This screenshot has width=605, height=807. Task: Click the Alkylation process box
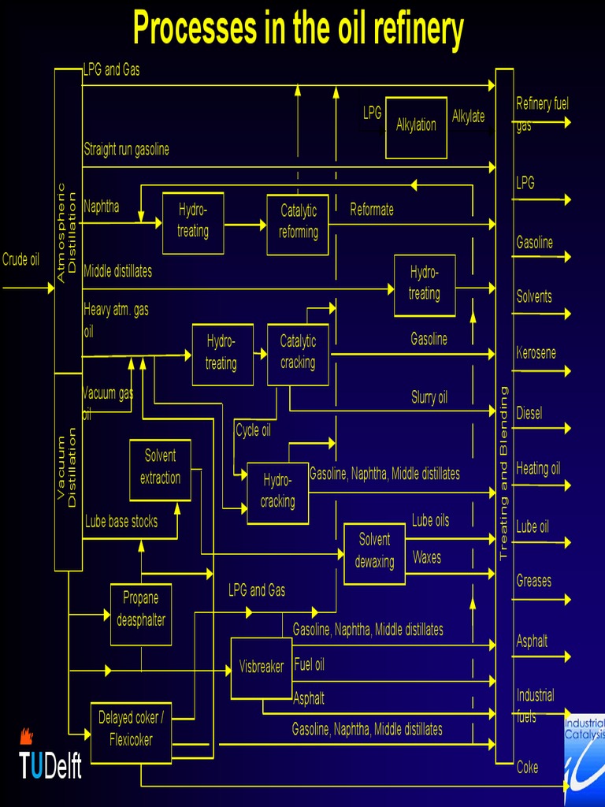click(416, 126)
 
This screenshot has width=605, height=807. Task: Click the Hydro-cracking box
click(277, 492)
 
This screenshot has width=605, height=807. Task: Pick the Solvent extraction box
click(160, 468)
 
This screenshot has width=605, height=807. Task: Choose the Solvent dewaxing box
click(374, 552)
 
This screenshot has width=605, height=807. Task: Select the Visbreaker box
click(262, 668)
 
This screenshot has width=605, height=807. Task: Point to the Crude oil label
click(20, 259)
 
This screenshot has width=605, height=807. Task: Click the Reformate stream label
click(372, 210)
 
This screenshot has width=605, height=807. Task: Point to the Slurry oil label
click(429, 397)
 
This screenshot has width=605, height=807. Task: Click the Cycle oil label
click(253, 430)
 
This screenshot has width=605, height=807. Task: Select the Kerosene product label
click(536, 352)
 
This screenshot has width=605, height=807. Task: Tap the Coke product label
click(527, 767)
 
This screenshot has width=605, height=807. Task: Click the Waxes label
click(426, 558)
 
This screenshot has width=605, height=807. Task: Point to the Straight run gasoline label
click(126, 149)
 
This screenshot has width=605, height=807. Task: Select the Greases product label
click(533, 581)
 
